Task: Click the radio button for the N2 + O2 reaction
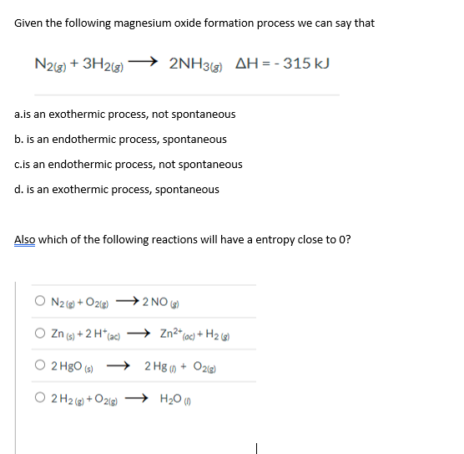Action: [x=39, y=302]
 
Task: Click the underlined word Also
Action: [x=25, y=239]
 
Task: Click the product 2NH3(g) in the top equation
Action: [x=198, y=64]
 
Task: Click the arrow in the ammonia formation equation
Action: [x=144, y=61]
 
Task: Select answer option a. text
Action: [x=125, y=115]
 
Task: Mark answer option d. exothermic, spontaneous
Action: [x=118, y=190]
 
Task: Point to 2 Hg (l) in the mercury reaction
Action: [x=162, y=365]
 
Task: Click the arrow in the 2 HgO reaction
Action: [x=119, y=364]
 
